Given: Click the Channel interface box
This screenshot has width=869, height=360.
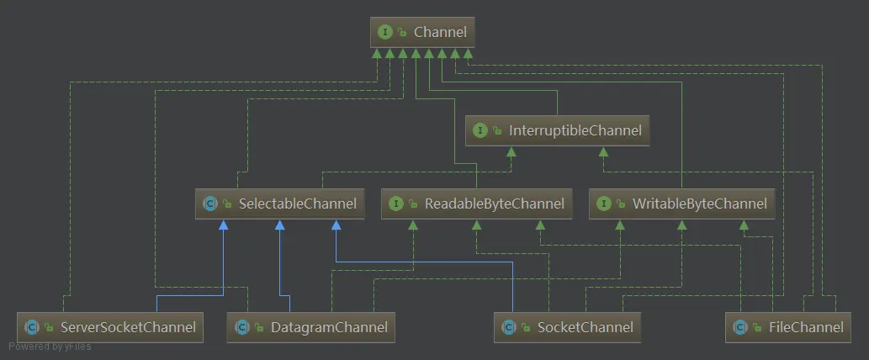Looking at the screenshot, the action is tap(423, 32).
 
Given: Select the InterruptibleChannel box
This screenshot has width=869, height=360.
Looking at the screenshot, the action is tap(557, 130).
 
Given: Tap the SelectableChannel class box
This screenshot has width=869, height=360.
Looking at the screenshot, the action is tap(280, 204).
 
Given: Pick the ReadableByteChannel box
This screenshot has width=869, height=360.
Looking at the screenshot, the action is tap(477, 204).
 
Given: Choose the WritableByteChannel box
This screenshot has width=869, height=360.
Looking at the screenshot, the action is tap(681, 204).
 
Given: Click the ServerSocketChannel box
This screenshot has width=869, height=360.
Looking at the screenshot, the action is tap(109, 327).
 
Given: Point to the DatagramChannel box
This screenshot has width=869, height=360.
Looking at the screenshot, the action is tap(311, 327).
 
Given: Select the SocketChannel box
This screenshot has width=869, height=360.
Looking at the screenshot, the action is tap(568, 327).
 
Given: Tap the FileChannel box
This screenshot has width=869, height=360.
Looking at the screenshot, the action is tap(787, 327).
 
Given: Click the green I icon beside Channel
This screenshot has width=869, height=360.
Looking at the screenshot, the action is tap(385, 32).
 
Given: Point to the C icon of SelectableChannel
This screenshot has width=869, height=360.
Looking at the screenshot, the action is tap(210, 204).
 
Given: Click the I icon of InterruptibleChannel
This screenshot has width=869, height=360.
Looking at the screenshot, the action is tap(480, 130).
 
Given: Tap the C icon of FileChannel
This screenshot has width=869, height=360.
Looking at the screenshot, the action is tap(739, 327).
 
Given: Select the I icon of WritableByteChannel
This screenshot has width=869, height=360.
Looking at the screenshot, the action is tap(603, 204).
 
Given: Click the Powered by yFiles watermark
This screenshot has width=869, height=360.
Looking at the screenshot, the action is tap(50, 347).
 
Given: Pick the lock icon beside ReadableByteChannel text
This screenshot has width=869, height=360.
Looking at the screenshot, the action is tap(413, 204).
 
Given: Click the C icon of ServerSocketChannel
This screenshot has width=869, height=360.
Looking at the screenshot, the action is tap(32, 327).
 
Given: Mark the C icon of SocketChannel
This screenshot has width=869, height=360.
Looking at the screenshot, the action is tap(509, 327).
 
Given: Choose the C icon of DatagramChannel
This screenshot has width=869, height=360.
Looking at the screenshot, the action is tap(241, 327).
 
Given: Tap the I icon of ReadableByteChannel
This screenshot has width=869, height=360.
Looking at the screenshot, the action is tap(395, 204).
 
